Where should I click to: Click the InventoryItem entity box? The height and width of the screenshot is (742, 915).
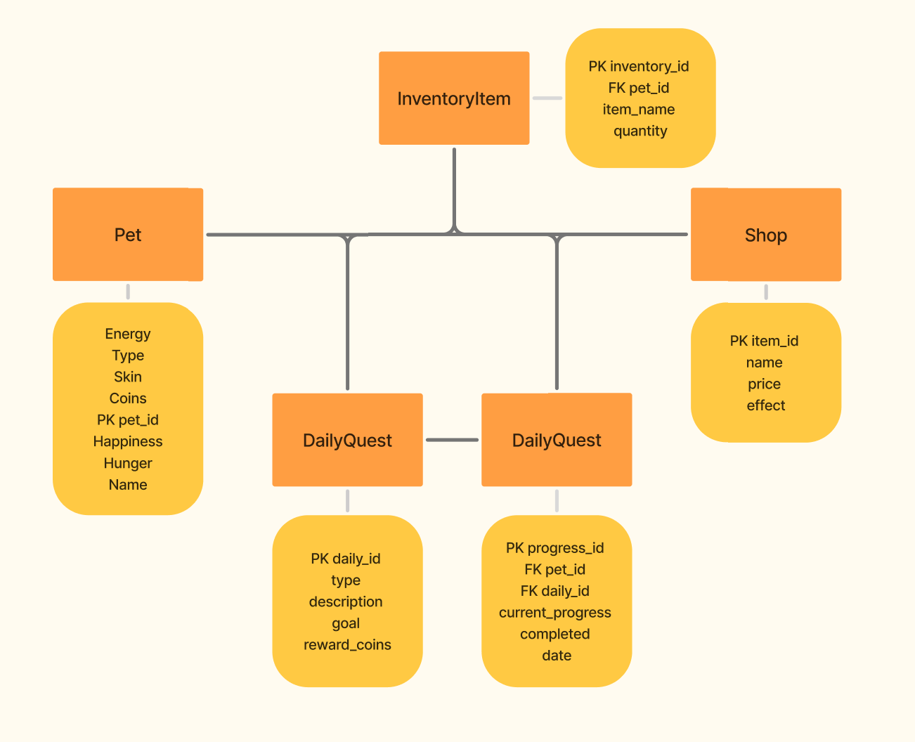pos(454,98)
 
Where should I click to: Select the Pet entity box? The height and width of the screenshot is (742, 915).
pos(128,235)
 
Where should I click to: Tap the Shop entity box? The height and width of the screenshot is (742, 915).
pos(766,235)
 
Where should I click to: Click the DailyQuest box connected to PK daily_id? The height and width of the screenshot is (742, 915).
pos(347,440)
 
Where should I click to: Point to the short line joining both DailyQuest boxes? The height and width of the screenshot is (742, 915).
pos(452,440)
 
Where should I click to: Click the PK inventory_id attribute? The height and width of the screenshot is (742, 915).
pos(639,67)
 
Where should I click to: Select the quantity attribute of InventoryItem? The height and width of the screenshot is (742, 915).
pos(640,131)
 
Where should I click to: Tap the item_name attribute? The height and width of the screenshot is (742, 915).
pos(639,110)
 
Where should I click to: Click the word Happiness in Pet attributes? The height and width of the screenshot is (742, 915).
pos(128,441)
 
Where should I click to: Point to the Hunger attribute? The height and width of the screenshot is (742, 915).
pos(128,463)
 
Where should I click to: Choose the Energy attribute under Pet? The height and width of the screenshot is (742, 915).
pos(128,334)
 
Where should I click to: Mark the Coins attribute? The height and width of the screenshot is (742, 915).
pos(128,398)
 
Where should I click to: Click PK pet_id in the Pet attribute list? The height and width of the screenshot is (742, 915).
pos(128,420)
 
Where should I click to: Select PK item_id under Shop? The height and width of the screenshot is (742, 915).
pos(764,341)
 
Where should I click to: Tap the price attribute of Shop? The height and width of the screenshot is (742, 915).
pos(764,384)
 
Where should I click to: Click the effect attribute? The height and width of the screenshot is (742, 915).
pos(766,405)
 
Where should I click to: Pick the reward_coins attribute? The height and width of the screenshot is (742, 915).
pos(347,645)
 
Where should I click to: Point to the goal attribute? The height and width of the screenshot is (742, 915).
pos(346,623)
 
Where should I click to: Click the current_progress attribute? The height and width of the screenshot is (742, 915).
pos(555,613)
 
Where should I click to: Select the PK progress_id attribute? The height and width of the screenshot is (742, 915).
pos(555,548)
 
